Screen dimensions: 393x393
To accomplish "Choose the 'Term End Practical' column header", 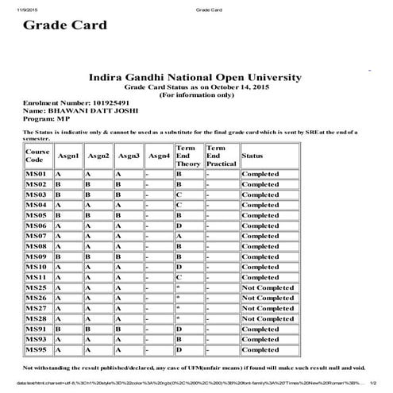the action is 218,156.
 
